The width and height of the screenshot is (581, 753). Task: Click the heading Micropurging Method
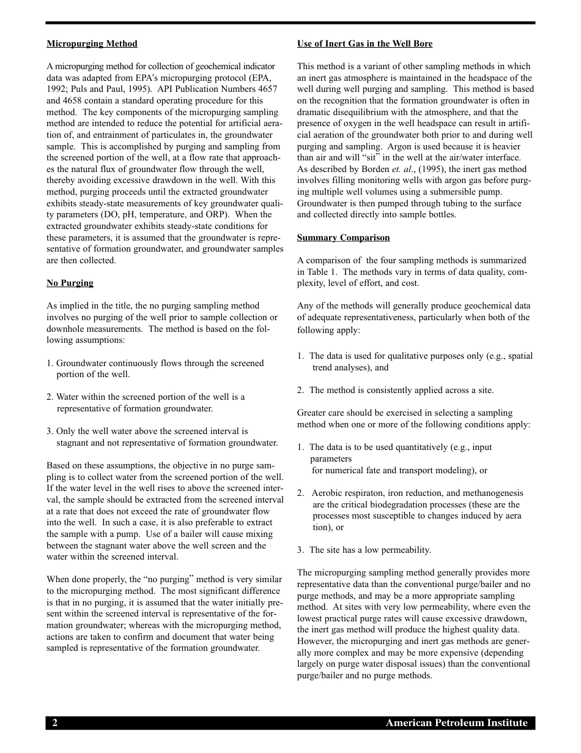[x=92, y=44]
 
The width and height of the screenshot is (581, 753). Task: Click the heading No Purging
[x=70, y=283]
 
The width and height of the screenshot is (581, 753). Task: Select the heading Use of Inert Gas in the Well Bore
[x=365, y=44]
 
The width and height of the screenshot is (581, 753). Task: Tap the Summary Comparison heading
[x=343, y=238]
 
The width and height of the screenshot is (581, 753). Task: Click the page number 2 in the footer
[x=54, y=723]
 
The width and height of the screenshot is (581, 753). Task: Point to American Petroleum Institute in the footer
[x=456, y=723]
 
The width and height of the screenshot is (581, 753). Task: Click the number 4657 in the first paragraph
[x=265, y=89]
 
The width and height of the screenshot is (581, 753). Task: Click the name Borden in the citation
[x=375, y=169]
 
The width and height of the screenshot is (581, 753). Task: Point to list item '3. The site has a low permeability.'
[x=364, y=550]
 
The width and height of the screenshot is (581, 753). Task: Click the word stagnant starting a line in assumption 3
[x=74, y=443]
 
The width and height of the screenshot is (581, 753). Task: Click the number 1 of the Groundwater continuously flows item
[x=49, y=363]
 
